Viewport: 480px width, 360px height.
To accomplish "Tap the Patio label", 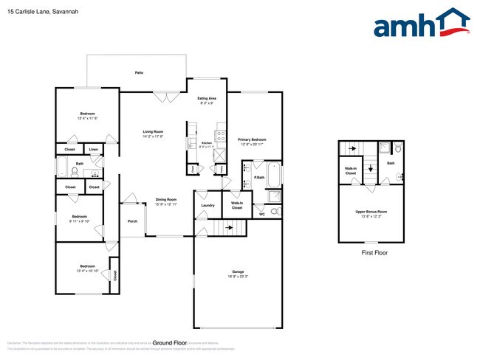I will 139,73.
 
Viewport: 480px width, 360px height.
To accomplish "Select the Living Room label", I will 153,132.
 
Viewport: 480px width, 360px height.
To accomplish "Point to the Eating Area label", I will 206,98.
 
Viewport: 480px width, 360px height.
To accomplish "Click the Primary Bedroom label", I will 252,139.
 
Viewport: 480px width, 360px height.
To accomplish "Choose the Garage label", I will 237,271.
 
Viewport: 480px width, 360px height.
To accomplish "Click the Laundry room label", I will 208,206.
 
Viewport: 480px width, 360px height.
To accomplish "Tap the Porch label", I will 132,221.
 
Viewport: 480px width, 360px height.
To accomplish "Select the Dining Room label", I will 166,200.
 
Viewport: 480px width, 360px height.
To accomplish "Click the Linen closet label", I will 93,150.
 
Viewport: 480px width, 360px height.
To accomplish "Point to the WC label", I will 262,214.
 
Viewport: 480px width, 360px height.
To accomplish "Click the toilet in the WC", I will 275,212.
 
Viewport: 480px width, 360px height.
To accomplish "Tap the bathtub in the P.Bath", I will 274,176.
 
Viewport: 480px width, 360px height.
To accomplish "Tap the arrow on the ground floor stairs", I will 230,228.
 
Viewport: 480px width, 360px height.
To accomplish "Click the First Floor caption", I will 374,252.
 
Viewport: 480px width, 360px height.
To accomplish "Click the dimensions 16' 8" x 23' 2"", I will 237,276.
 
